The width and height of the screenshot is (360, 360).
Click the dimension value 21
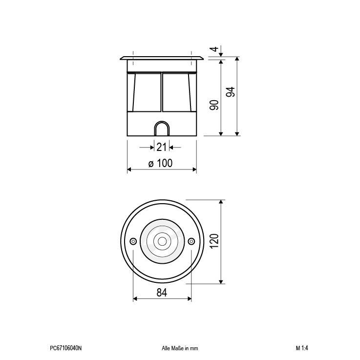tap(162, 147)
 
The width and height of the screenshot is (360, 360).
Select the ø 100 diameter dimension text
tap(161, 163)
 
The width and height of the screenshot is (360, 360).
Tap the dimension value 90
tap(213, 104)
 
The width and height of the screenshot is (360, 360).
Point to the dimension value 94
tap(231, 92)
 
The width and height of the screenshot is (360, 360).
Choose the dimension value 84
tap(162, 293)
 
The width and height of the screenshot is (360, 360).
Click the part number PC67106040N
tap(66, 348)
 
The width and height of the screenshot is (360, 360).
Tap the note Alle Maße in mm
tap(179, 348)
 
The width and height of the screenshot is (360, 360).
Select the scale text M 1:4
tap(302, 348)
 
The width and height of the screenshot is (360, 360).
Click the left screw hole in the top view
tap(133, 241)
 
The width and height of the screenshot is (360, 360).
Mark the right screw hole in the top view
tap(191, 241)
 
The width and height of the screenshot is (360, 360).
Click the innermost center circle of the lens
tap(162, 241)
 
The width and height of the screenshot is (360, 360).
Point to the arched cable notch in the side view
tap(162, 129)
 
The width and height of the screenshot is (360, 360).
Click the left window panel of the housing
tap(146, 93)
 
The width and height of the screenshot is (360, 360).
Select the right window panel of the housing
tap(178, 93)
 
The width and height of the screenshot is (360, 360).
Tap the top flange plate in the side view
tap(162, 59)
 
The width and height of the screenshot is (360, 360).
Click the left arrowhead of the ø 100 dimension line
tap(129, 169)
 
